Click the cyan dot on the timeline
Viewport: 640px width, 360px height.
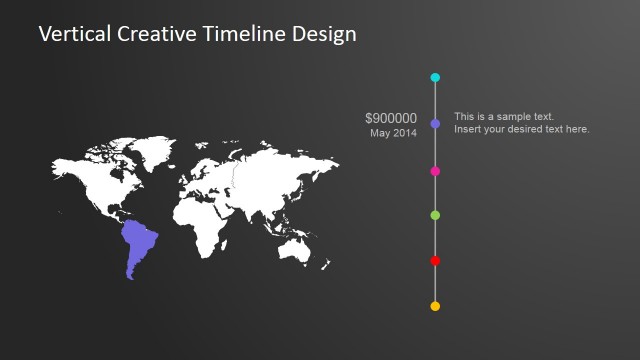click(x=435, y=77)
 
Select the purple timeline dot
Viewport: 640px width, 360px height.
click(x=435, y=124)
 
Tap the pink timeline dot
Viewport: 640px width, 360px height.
click(x=435, y=171)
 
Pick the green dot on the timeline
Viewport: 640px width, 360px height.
click(x=435, y=215)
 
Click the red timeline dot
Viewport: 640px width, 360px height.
click(x=435, y=261)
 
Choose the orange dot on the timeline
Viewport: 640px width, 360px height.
click(x=435, y=306)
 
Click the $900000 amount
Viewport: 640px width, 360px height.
click(x=391, y=118)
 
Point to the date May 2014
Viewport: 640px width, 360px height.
click(x=393, y=133)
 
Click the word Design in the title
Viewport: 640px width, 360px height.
click(x=323, y=34)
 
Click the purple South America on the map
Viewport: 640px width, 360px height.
click(x=138, y=245)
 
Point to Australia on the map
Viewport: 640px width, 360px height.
click(x=296, y=245)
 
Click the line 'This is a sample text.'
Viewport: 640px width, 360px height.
click(x=503, y=117)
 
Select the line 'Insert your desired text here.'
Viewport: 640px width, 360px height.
click(x=521, y=129)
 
